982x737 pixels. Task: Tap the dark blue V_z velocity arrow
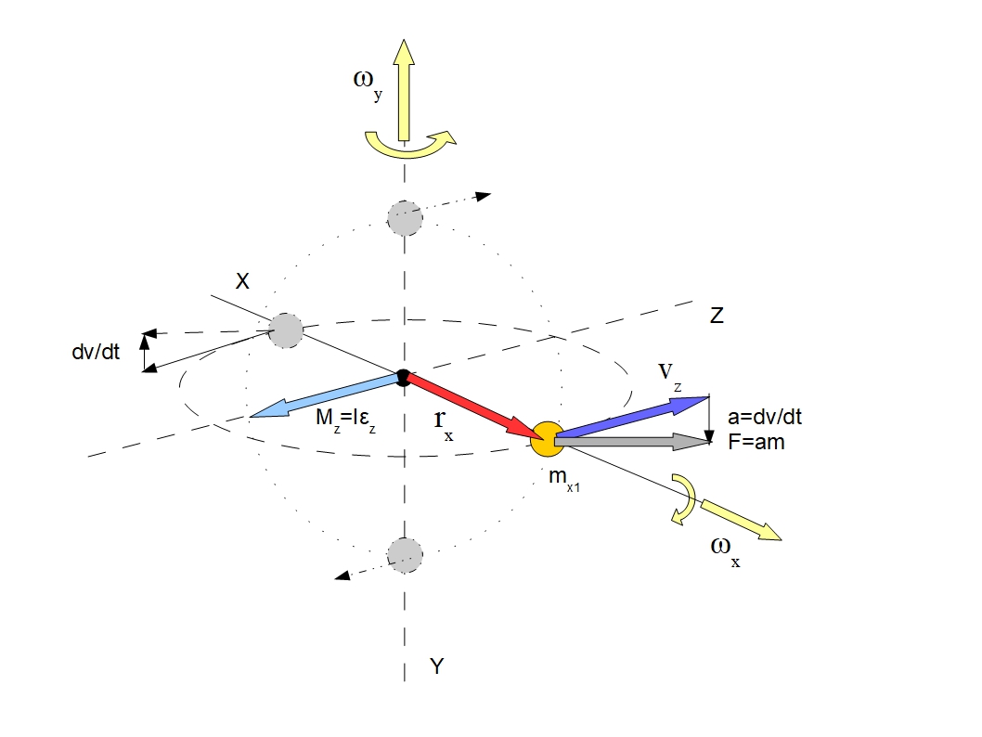631,417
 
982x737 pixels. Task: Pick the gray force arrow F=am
631,443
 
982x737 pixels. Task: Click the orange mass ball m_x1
547,438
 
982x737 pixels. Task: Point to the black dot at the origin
403,376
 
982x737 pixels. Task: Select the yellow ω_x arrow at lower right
742,520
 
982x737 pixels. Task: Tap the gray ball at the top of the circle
405,218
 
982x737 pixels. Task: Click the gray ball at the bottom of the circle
404,554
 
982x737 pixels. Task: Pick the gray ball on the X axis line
287,330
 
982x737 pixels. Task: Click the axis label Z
716,316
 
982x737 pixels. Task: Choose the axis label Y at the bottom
437,665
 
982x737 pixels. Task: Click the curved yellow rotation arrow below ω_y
409,145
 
